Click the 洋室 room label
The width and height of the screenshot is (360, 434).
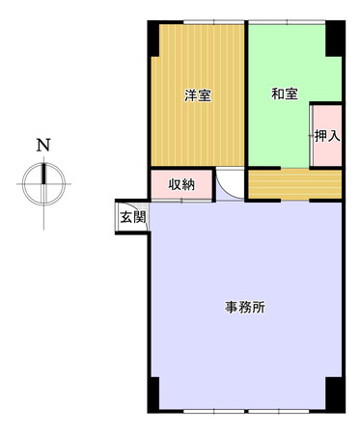(198, 95)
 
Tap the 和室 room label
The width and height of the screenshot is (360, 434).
(285, 94)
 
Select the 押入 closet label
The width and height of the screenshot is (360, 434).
(327, 136)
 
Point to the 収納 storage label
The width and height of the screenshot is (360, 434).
(181, 185)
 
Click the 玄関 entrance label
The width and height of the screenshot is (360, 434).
(133, 218)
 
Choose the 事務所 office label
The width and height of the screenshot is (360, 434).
(245, 308)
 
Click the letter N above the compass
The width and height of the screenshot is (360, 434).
(43, 145)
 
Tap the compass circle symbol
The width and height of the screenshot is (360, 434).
(43, 184)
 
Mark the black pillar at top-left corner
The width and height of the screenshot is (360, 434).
(153, 39)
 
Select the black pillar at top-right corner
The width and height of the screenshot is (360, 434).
(335, 39)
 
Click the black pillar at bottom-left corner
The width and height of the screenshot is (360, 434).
(153, 394)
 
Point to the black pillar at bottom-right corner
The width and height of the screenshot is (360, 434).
(335, 394)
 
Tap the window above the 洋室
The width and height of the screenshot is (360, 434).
(213, 22)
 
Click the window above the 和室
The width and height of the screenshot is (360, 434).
(287, 22)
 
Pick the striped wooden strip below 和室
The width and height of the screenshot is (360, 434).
(295, 184)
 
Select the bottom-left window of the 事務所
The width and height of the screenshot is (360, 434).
(213, 411)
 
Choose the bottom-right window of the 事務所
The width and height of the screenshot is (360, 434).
(279, 411)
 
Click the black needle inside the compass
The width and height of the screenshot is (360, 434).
(43, 174)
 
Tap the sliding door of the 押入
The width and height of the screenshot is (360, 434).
(312, 136)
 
